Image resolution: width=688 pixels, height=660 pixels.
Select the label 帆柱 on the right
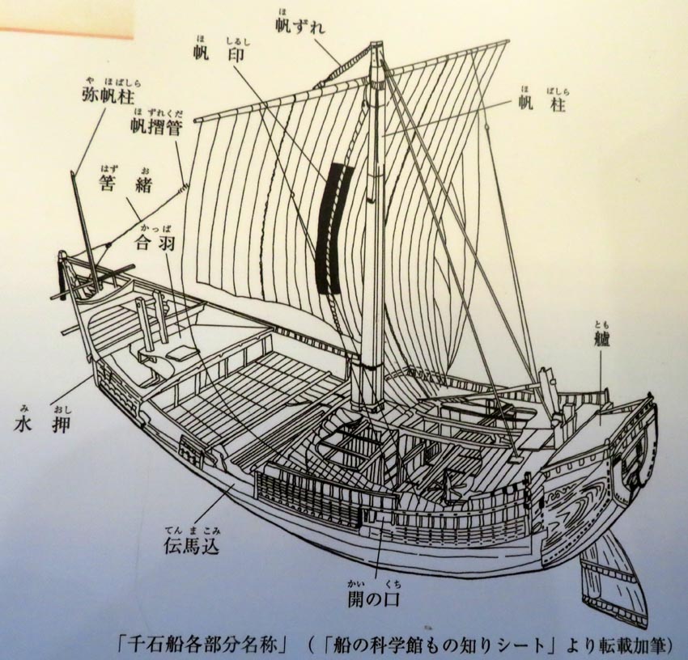click(x=543, y=104)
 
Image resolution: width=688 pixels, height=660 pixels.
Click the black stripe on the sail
click(x=333, y=226)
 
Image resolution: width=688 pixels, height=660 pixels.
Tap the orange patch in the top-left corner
click(x=65, y=18)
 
